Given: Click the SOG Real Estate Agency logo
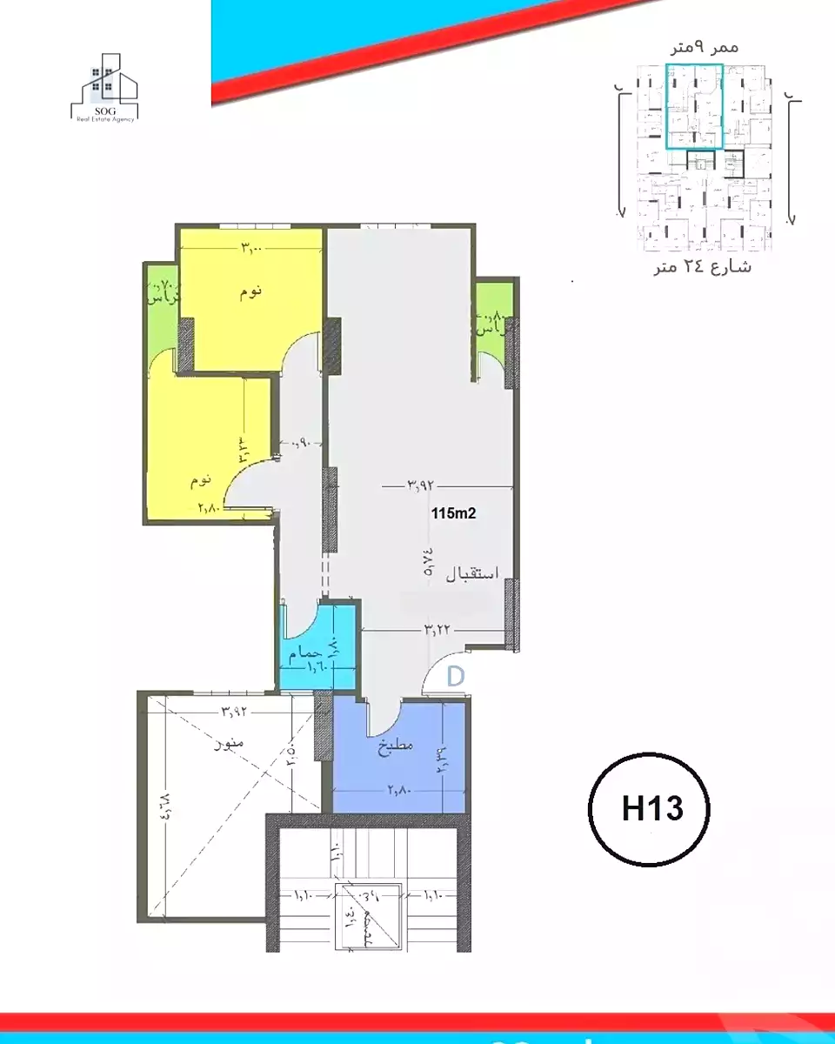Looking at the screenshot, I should (x=104, y=89).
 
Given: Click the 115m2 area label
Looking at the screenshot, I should (x=453, y=513).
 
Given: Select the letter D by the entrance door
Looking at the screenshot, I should (x=455, y=676).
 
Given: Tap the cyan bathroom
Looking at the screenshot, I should (x=318, y=648).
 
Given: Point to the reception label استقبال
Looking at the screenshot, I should (x=471, y=574).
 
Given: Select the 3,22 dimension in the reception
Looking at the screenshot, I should (x=437, y=629).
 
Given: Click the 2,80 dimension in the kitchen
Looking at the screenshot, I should (x=399, y=790).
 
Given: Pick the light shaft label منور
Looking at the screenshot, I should (x=230, y=745).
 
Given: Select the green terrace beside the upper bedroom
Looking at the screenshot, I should (x=163, y=296).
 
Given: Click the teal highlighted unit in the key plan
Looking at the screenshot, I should (x=693, y=106).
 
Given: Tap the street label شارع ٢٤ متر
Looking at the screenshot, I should (x=703, y=267).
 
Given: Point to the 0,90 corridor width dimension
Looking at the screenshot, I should (x=300, y=443).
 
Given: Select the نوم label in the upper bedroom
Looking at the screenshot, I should (x=250, y=292).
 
